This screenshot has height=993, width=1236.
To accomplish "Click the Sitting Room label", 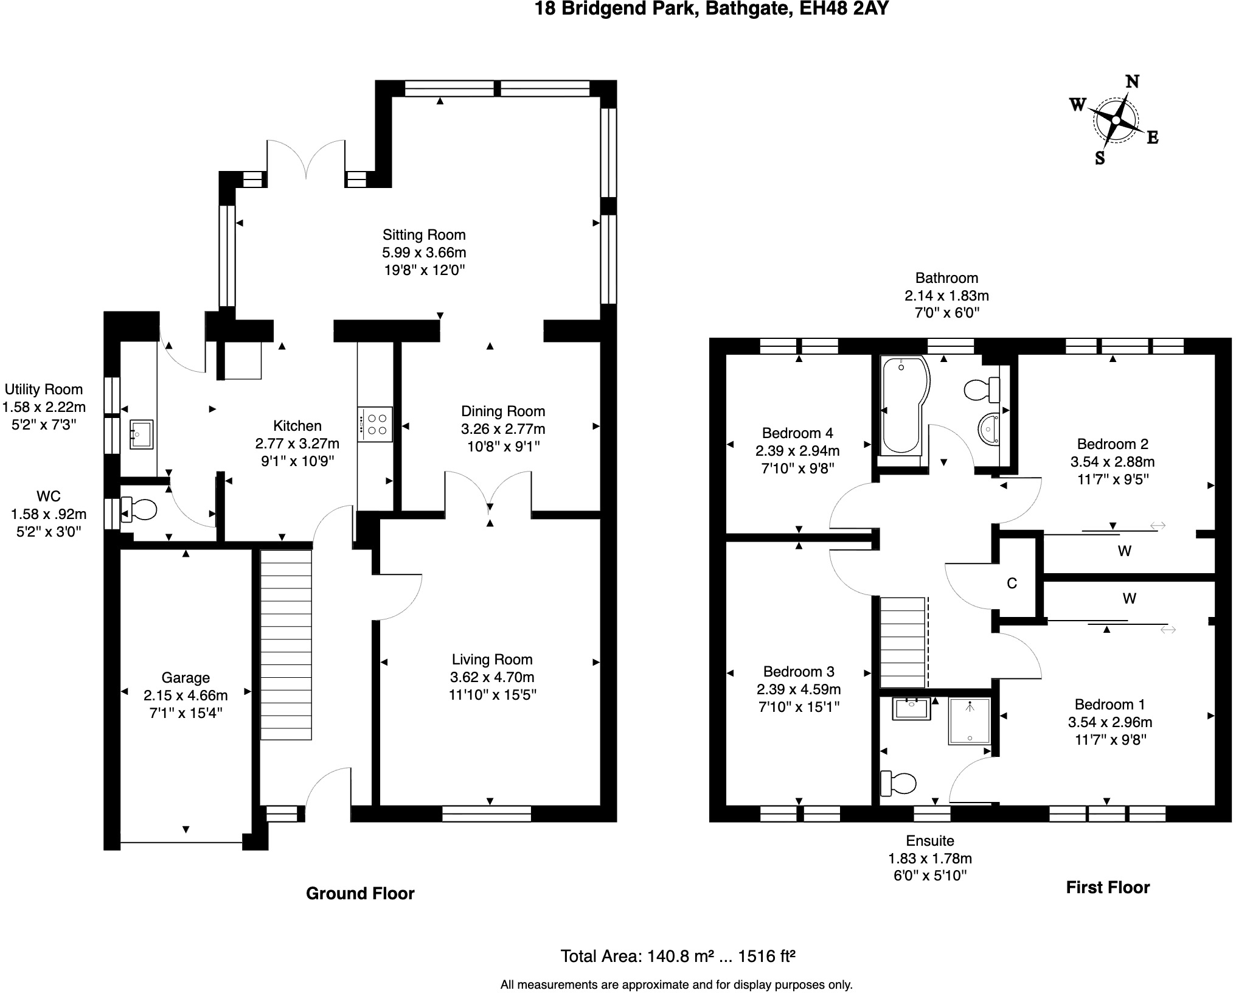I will tap(424, 235).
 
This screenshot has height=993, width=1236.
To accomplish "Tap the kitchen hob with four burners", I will tap(375, 424).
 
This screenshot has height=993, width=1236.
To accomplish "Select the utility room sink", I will tap(141, 434).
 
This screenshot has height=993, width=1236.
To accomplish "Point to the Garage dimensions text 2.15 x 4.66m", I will tap(186, 695).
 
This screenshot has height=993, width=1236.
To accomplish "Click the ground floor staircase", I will tap(286, 645).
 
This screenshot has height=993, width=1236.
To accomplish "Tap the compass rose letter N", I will tap(1132, 82).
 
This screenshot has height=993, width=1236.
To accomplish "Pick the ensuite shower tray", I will tap(969, 721).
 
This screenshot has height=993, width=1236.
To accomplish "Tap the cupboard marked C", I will tap(1012, 584).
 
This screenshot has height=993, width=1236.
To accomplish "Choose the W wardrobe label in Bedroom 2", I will tap(1124, 551).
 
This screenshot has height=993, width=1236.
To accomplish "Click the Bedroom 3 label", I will tap(798, 672).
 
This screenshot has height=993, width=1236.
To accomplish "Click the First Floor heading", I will tap(1107, 887).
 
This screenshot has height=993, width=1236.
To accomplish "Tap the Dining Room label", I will tap(502, 411).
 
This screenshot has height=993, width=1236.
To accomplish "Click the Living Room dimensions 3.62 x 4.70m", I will tap(492, 677).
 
